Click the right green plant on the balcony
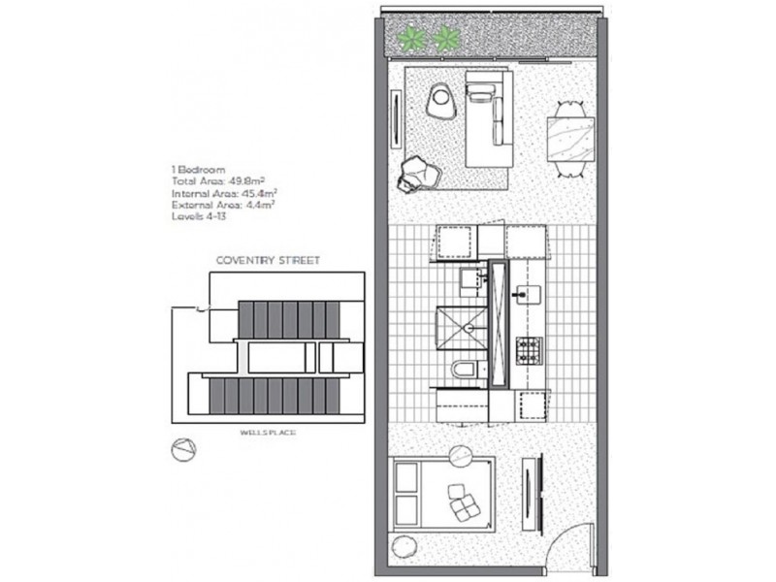[446, 40]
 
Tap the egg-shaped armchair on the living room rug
[443, 99]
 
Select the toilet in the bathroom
[464, 369]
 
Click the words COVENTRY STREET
[269, 261]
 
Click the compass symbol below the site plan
[181, 450]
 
